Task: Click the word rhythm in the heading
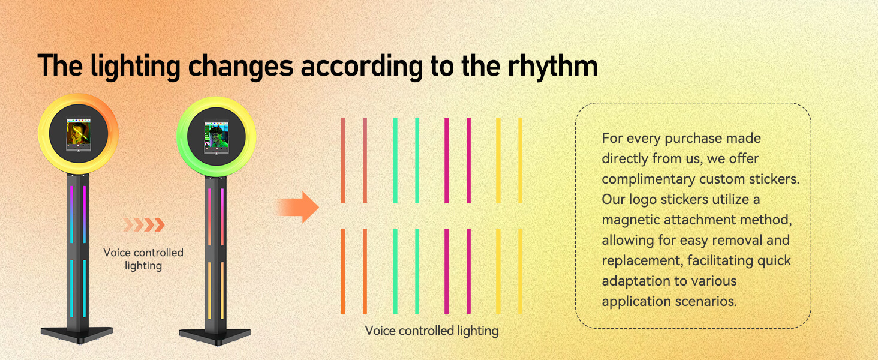point(553,66)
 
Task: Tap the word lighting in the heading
point(135,67)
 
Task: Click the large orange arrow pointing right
point(297,207)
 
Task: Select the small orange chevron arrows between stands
point(144,225)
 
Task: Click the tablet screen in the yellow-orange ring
point(79,134)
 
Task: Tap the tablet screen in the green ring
point(217,137)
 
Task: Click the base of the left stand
point(77,334)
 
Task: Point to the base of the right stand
point(215,336)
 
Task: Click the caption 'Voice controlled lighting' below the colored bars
point(432,331)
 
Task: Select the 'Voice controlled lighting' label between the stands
point(143,259)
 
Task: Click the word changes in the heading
point(240,67)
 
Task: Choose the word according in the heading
point(362,67)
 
